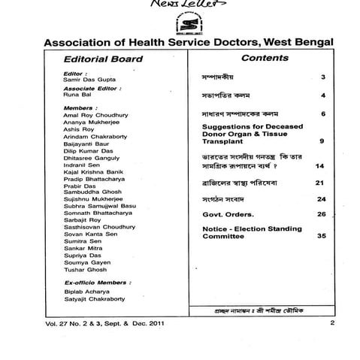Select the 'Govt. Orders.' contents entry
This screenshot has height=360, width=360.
point(229,214)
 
